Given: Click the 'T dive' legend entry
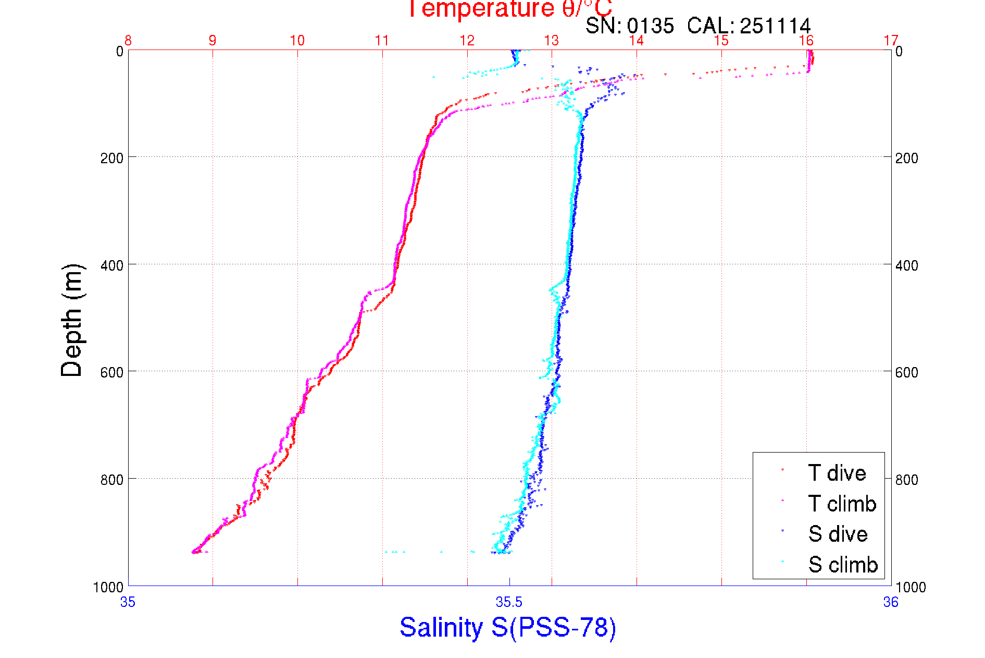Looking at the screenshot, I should [837, 473].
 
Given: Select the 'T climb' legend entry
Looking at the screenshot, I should [842, 504].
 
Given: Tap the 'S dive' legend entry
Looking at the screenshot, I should [838, 534].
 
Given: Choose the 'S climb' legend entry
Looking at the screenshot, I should [843, 565].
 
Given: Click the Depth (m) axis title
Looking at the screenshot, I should [72, 320].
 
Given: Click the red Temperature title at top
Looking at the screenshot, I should [509, 8].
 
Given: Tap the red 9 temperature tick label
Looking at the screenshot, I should [213, 41].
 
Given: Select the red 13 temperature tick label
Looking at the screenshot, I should [552, 41].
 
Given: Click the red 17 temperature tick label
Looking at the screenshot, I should [891, 41].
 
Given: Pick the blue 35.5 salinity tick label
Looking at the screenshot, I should [509, 602].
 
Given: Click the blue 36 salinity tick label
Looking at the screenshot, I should [891, 602].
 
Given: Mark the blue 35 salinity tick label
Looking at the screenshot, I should [128, 602].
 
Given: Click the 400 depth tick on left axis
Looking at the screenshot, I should [111, 265].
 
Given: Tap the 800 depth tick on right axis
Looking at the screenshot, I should [906, 479].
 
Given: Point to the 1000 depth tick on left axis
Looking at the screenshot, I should [108, 587].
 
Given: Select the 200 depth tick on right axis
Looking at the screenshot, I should [906, 158].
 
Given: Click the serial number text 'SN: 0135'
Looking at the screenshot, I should [629, 26].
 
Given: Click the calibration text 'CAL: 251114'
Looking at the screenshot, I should [749, 26].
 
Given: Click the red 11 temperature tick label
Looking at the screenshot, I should [382, 41].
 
